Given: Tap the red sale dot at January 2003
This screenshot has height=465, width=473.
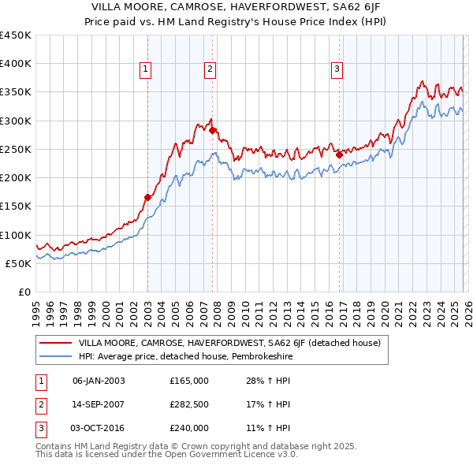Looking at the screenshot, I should (147, 198).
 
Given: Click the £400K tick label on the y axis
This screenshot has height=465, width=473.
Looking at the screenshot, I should (15, 64).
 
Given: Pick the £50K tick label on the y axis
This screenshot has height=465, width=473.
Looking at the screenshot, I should (17, 263).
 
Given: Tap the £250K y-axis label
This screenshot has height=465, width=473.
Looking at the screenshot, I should (15, 149).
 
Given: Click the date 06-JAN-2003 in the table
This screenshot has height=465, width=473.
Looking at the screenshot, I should (98, 381).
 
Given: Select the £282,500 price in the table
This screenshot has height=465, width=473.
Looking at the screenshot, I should (189, 404).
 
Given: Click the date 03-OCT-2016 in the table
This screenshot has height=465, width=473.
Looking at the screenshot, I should (98, 428).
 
